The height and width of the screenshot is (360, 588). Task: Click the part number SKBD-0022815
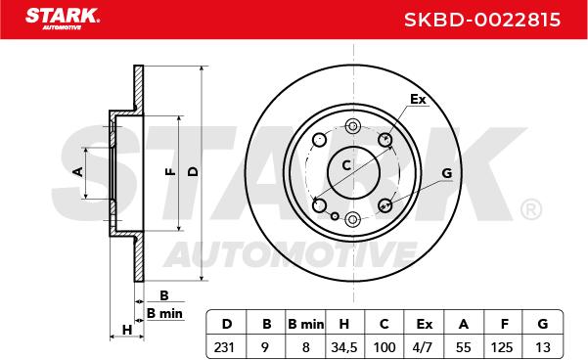[482, 20]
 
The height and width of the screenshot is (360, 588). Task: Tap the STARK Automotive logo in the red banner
[63, 19]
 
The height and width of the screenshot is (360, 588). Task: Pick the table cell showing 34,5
[343, 347]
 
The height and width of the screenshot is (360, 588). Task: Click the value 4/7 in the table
[423, 347]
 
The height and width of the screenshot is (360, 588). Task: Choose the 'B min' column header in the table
[305, 324]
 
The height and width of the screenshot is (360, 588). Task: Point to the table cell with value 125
[502, 347]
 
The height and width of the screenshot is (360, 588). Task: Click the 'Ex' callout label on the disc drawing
[418, 100]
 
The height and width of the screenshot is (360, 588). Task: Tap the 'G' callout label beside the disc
[446, 173]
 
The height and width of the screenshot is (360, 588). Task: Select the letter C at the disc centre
[346, 165]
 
